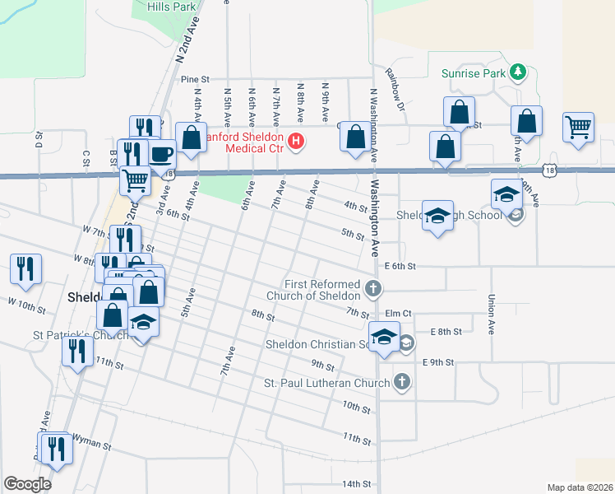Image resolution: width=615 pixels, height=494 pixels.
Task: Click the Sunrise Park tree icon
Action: pyautogui.click(x=518, y=72)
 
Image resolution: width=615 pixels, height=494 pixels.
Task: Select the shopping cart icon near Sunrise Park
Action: pyautogui.click(x=579, y=128)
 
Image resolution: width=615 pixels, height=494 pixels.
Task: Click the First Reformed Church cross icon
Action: pyautogui.click(x=374, y=288)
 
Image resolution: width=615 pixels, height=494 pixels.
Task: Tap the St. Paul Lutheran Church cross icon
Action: pyautogui.click(x=401, y=381)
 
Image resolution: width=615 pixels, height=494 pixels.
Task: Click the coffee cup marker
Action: pyautogui.click(x=161, y=153)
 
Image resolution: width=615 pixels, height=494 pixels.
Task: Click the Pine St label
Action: pyautogui.click(x=191, y=79)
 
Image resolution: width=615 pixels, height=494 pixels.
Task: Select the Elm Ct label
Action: pyautogui.click(x=398, y=314)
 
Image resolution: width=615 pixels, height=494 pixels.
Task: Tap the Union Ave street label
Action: pyautogui.click(x=491, y=314)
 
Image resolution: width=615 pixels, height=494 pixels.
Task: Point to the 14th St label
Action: pyautogui.click(x=358, y=483)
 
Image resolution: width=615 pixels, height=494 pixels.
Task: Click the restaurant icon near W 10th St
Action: pyautogui.click(x=25, y=268)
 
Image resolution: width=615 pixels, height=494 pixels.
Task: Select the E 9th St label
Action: pyautogui.click(x=438, y=361)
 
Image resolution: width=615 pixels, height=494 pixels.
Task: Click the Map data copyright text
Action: pyautogui.click(x=580, y=487)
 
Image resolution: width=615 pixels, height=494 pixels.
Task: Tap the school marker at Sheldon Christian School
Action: pyautogui.click(x=384, y=338)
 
